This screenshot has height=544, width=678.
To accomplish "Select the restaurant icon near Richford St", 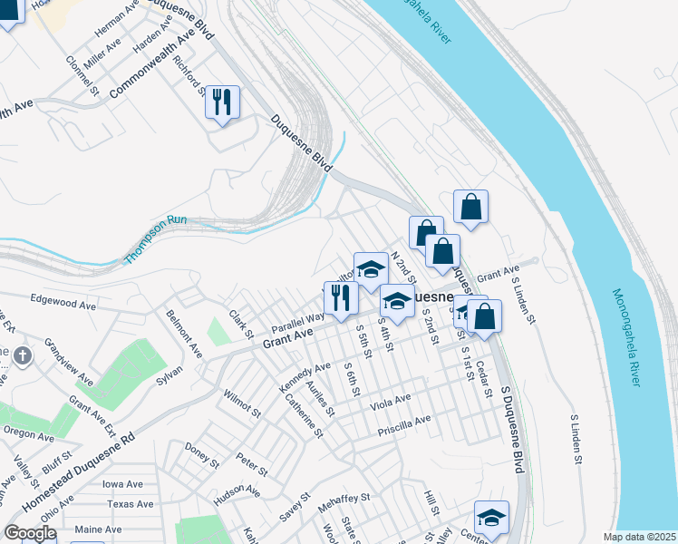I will click(222, 102).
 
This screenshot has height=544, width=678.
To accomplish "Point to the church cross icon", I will click(23, 356).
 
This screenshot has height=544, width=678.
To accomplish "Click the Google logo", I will click(29, 533).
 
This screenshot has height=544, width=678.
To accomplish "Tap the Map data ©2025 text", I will click(638, 537).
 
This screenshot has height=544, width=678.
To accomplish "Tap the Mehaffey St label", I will click(344, 498).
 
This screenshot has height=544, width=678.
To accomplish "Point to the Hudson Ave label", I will click(237, 496).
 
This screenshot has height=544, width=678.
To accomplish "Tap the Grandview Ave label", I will click(68, 358).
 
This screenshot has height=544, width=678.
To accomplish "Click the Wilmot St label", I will click(242, 401).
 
